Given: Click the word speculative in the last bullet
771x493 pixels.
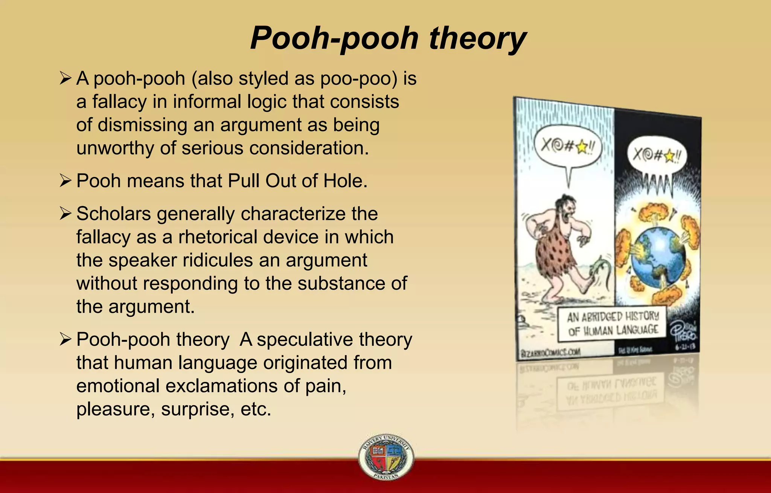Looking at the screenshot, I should pyautogui.click(x=305, y=340).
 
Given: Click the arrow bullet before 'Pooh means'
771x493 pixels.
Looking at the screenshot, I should pyautogui.click(x=65, y=181).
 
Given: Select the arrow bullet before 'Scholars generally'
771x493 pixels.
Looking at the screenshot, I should pyautogui.click(x=65, y=214).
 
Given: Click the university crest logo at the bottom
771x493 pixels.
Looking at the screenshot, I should pyautogui.click(x=386, y=457).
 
